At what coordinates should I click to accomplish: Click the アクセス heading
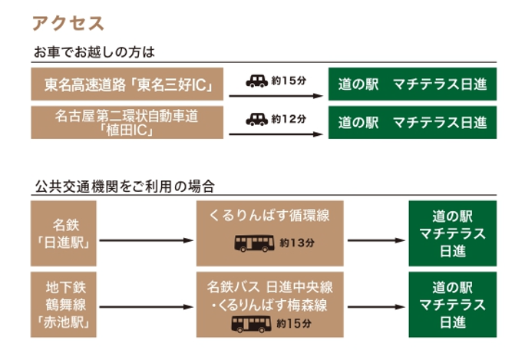coord(68,23)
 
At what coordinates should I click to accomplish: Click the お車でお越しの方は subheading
coord(94,52)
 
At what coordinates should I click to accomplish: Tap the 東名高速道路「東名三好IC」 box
coord(127,84)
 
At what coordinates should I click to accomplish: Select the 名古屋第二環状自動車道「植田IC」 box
coord(127,123)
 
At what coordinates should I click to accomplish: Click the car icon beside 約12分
coord(256,119)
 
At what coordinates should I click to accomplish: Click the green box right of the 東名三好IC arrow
coord(412,84)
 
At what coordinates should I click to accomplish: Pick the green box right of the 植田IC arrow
coord(412,123)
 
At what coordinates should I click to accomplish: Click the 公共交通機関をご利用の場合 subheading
coord(124,186)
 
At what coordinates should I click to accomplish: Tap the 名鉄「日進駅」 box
coord(65,234)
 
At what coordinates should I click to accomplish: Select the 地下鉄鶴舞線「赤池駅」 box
coord(65,304)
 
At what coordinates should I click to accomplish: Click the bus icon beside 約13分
coord(253,243)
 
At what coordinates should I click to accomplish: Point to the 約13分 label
coord(297,243)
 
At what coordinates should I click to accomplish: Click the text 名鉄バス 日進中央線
coord(269,286)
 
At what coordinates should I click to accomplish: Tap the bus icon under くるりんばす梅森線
coord(250,324)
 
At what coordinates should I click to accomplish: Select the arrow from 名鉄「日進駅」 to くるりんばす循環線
coord(147,241)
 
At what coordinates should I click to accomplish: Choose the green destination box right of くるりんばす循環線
coord(452,234)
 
